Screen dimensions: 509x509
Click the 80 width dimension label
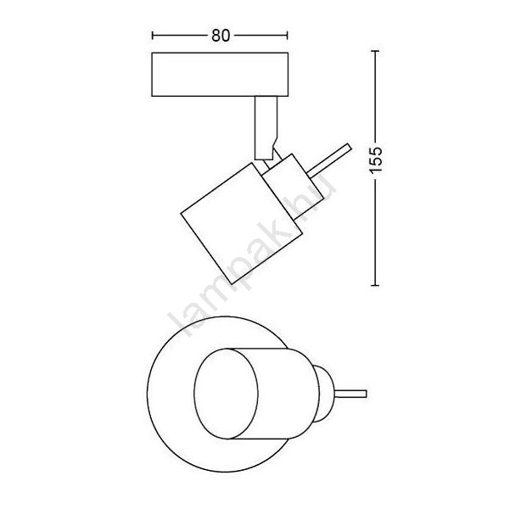221,36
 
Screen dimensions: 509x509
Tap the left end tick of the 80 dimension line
153,36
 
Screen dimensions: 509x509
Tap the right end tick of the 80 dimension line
287,36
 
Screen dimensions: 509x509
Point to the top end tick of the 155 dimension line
375,51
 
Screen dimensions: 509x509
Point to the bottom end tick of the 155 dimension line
375,285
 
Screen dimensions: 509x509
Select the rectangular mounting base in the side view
220,75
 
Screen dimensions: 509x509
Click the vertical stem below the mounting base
266,128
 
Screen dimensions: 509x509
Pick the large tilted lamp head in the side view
242,223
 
